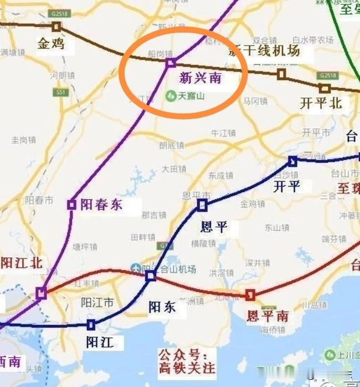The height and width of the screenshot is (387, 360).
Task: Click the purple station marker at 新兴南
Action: pos(171,63)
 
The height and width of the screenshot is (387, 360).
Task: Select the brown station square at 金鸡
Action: pos(56,26)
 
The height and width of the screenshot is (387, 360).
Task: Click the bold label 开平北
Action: pos(321,103)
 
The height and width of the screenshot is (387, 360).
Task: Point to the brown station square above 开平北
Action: pos(325,88)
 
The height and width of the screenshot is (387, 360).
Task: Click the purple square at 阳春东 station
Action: pos(71,204)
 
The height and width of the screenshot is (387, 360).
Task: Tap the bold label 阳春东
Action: pos(101,204)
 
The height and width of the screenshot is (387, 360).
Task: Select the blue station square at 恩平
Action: pos(202,205)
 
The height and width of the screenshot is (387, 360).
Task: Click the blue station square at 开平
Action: pos(292,161)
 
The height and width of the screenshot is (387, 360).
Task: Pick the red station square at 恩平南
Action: pos(250,294)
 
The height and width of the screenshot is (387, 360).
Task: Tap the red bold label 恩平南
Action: pos(268,316)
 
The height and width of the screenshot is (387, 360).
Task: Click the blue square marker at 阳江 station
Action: pos(91,324)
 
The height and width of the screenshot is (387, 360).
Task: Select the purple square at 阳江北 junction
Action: pos(41,293)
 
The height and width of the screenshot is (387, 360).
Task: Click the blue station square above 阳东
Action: pos(151,275)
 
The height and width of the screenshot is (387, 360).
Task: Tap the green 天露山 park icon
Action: pos(171,96)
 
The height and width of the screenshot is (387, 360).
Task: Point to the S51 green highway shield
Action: pos(61,92)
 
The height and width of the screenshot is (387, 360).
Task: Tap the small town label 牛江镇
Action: pos(224,133)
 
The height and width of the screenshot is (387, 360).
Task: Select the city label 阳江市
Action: pos(97,302)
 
